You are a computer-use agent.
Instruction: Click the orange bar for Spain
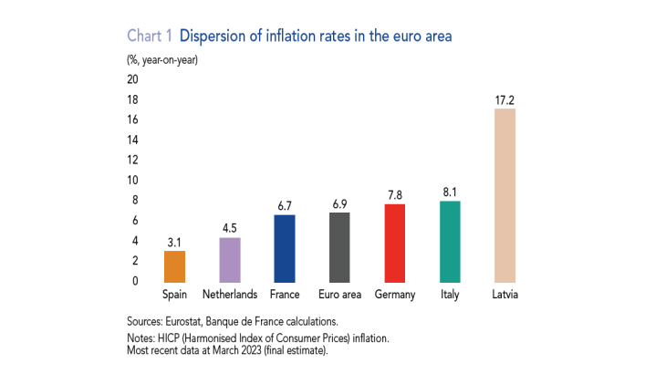174,265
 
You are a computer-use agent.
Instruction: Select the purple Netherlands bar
230,259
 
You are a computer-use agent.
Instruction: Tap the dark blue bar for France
285,248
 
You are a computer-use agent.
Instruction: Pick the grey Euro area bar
339,246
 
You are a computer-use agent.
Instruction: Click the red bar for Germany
394,243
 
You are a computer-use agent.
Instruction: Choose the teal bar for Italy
449,241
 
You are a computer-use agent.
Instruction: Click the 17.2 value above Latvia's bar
505,98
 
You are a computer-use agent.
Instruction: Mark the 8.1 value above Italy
449,191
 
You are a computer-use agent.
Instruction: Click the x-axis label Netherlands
230,295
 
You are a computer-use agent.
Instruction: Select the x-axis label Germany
394,295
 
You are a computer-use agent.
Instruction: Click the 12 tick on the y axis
133,160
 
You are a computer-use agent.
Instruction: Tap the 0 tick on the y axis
135,281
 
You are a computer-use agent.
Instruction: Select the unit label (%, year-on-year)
161,60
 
